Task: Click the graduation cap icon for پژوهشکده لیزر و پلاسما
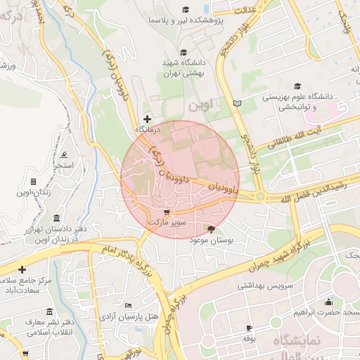point(186,9)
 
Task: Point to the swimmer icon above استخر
point(65,155)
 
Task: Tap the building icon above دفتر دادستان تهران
point(56,219)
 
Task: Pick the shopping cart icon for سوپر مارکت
point(166,212)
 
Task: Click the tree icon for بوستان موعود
point(212,229)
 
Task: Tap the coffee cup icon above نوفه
point(248,328)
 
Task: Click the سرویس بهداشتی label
point(240,286)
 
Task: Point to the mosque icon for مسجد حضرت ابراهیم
point(328,302)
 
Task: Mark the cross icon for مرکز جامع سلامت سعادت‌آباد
point(22,269)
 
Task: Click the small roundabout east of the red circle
point(260,196)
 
